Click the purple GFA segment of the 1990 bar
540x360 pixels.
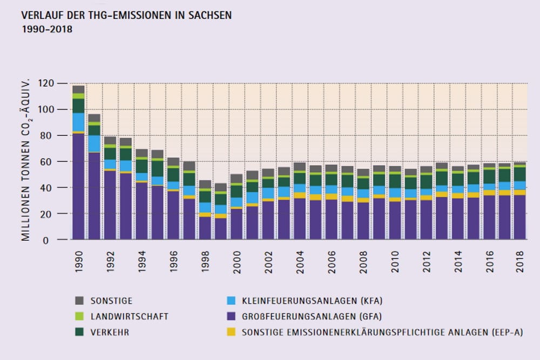click(x=79, y=186)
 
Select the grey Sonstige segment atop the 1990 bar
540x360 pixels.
click(x=79, y=89)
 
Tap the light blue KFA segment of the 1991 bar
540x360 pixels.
click(x=94, y=143)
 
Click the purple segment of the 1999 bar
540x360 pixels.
click(x=221, y=229)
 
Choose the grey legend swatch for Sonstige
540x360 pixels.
click(x=79, y=301)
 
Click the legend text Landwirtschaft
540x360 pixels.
click(x=129, y=316)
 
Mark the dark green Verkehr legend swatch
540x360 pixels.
click(x=79, y=331)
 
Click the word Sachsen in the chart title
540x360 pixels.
click(x=211, y=16)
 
